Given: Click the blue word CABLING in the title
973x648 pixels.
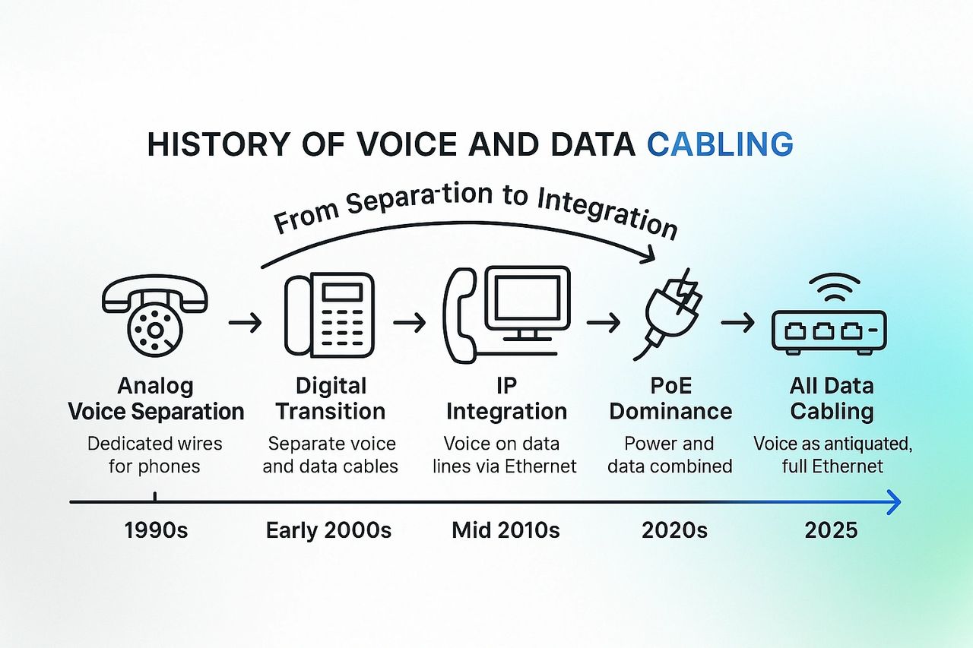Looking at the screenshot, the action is (x=720, y=144).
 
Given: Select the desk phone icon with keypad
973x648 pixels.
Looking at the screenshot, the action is (x=329, y=315).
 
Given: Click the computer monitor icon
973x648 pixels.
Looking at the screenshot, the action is (x=528, y=304).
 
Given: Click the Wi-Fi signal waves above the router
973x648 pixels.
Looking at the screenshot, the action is (x=835, y=287).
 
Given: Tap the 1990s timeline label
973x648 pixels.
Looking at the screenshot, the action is (x=156, y=530).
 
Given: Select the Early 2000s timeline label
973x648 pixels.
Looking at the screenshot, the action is (x=328, y=530).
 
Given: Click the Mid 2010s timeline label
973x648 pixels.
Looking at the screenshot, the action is (x=506, y=530).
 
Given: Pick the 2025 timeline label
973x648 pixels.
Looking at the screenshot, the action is (x=831, y=530).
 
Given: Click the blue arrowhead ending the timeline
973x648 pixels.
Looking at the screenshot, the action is (x=894, y=502).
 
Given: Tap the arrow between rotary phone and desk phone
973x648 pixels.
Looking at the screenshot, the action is (x=245, y=323).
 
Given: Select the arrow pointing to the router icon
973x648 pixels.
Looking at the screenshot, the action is (x=737, y=323).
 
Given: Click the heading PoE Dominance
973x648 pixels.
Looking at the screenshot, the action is (x=670, y=398).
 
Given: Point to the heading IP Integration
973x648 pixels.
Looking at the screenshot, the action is (x=506, y=398).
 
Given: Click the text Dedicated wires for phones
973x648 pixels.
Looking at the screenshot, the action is (x=154, y=455).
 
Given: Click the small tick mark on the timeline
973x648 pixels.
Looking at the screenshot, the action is (x=155, y=497).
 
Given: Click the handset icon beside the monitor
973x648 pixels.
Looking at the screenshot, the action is (x=460, y=315).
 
